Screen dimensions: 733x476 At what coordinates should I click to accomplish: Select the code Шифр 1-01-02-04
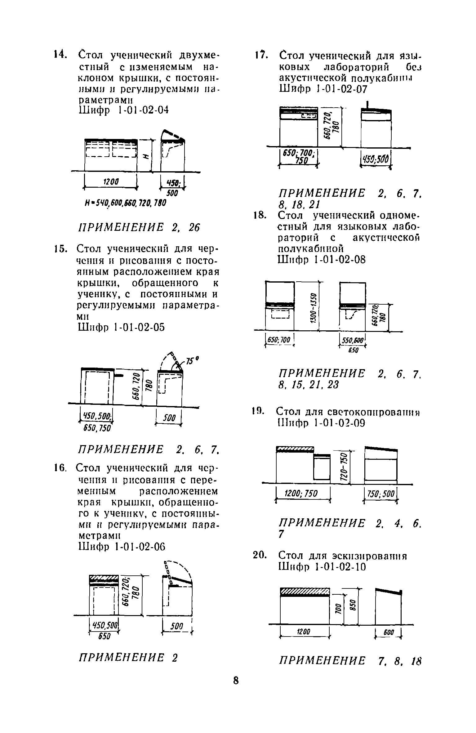pyautogui.click(x=124, y=111)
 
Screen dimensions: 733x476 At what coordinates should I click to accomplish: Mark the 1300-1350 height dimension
pyautogui.click(x=314, y=308)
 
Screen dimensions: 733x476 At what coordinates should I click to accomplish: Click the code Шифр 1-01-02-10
pyautogui.click(x=323, y=567)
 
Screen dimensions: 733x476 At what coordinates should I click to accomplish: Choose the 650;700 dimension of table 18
pyautogui.click(x=278, y=340)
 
